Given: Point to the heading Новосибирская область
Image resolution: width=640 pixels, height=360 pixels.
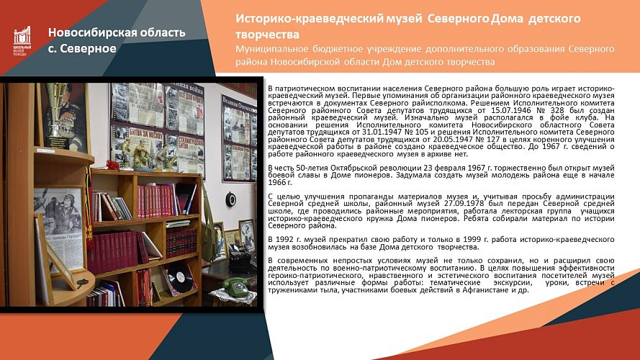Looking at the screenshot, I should coord(117,32).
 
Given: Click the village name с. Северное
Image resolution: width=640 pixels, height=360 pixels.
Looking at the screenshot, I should coord(83,48).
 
